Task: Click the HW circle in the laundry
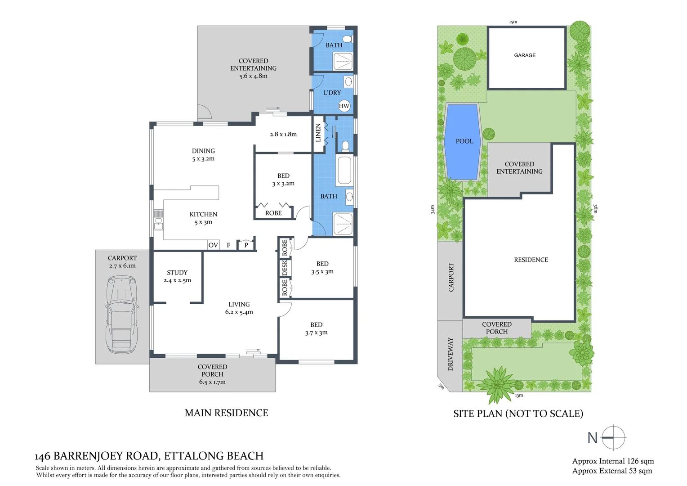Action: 344,106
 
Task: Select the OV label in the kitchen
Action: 213,245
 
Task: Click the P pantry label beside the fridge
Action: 246,245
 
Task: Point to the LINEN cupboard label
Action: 318,133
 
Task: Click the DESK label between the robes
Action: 285,268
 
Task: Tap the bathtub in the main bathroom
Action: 344,170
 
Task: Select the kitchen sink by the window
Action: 158,220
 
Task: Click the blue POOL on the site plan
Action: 464,141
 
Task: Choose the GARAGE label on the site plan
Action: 525,55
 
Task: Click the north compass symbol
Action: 613,437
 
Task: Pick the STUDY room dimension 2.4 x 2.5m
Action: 177,280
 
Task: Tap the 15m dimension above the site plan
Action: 513,22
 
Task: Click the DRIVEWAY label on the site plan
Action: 451,354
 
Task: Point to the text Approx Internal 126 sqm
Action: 613,461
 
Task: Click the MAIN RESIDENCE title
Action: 226,413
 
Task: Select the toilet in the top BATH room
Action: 348,38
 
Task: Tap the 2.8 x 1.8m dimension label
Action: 283,134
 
